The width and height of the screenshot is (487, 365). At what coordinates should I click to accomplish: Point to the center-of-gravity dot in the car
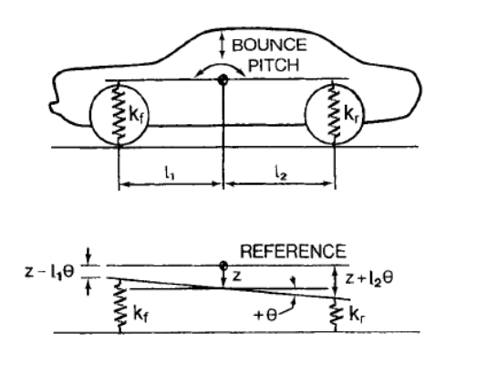click(222, 81)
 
